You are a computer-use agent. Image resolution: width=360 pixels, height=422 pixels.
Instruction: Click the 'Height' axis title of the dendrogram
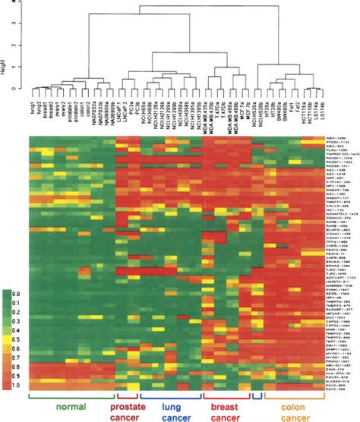[5, 69]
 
